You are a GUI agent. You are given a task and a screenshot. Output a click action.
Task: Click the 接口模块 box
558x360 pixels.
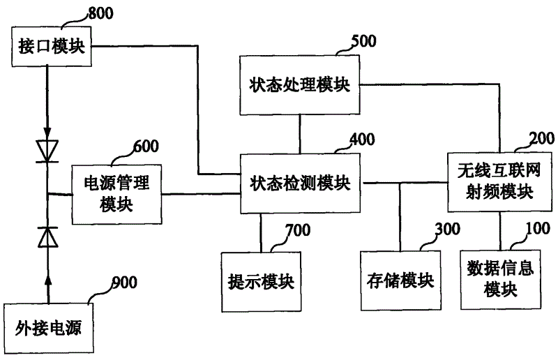(x=52, y=46)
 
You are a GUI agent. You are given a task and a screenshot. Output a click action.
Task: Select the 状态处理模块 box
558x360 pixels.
(x=299, y=84)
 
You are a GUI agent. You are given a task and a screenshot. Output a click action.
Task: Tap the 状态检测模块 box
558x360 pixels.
(x=300, y=183)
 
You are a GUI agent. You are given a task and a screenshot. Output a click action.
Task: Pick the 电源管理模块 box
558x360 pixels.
(x=116, y=195)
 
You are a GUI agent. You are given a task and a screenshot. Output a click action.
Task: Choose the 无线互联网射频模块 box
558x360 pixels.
(x=499, y=182)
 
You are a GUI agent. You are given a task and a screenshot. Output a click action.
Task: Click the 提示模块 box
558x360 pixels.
(x=261, y=282)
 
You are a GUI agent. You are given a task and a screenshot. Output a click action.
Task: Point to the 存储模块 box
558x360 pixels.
(x=400, y=281)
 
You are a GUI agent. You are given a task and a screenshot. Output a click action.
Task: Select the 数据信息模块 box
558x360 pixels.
(x=501, y=280)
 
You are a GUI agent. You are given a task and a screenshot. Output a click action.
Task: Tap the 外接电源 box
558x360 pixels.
(x=48, y=329)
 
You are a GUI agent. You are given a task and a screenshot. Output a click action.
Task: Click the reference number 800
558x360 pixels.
(x=100, y=13)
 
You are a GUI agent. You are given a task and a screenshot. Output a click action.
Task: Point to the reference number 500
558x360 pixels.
(x=363, y=41)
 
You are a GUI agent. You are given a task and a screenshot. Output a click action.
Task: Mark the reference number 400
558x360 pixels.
(x=362, y=140)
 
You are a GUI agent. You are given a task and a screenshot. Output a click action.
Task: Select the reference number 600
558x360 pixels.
(x=146, y=147)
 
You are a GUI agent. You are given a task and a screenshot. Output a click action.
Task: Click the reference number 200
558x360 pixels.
(x=542, y=138)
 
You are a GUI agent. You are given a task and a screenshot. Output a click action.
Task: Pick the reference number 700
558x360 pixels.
(x=298, y=230)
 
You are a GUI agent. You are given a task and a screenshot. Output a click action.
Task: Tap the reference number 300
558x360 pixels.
(x=448, y=229)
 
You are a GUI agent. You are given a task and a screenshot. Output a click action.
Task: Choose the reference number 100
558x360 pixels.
(x=538, y=228)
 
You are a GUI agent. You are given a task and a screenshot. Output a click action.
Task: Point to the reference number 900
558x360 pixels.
(x=125, y=283)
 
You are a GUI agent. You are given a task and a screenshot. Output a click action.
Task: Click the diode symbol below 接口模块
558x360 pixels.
(x=47, y=151)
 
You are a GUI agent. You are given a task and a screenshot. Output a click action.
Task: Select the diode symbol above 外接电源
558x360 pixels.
(x=48, y=237)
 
